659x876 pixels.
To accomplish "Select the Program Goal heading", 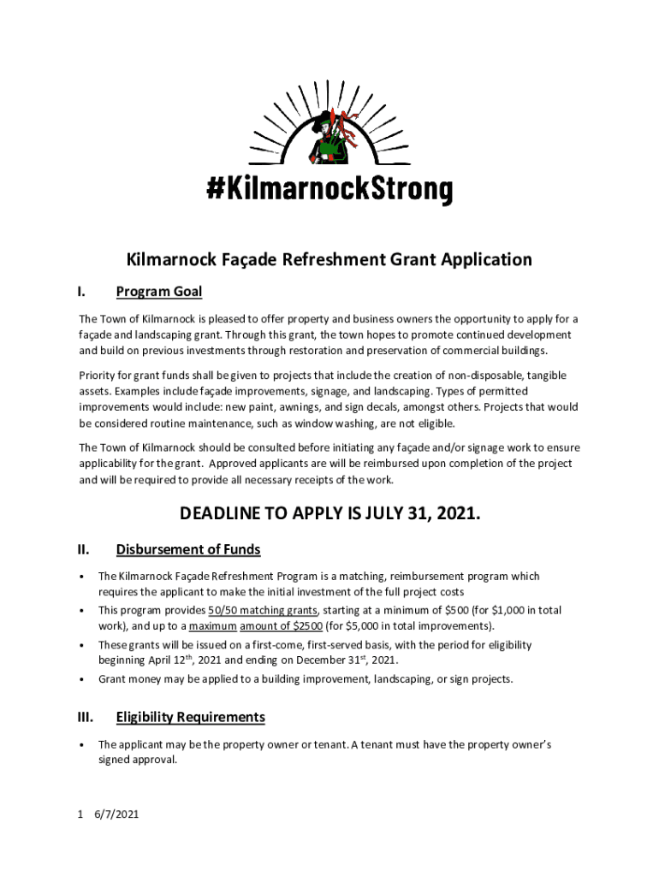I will [x=159, y=292].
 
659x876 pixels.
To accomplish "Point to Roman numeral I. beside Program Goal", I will [x=81, y=292].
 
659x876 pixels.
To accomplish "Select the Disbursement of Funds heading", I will [x=188, y=549].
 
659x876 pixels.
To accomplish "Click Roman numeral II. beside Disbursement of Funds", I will [x=84, y=549].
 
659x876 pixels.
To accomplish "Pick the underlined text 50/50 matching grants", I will [x=264, y=610].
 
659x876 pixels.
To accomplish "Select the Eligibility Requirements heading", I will [x=190, y=717].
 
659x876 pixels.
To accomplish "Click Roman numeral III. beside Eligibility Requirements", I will [x=86, y=717].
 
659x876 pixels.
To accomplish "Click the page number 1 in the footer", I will [x=80, y=814].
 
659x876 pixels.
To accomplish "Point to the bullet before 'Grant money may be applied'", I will [x=81, y=679].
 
